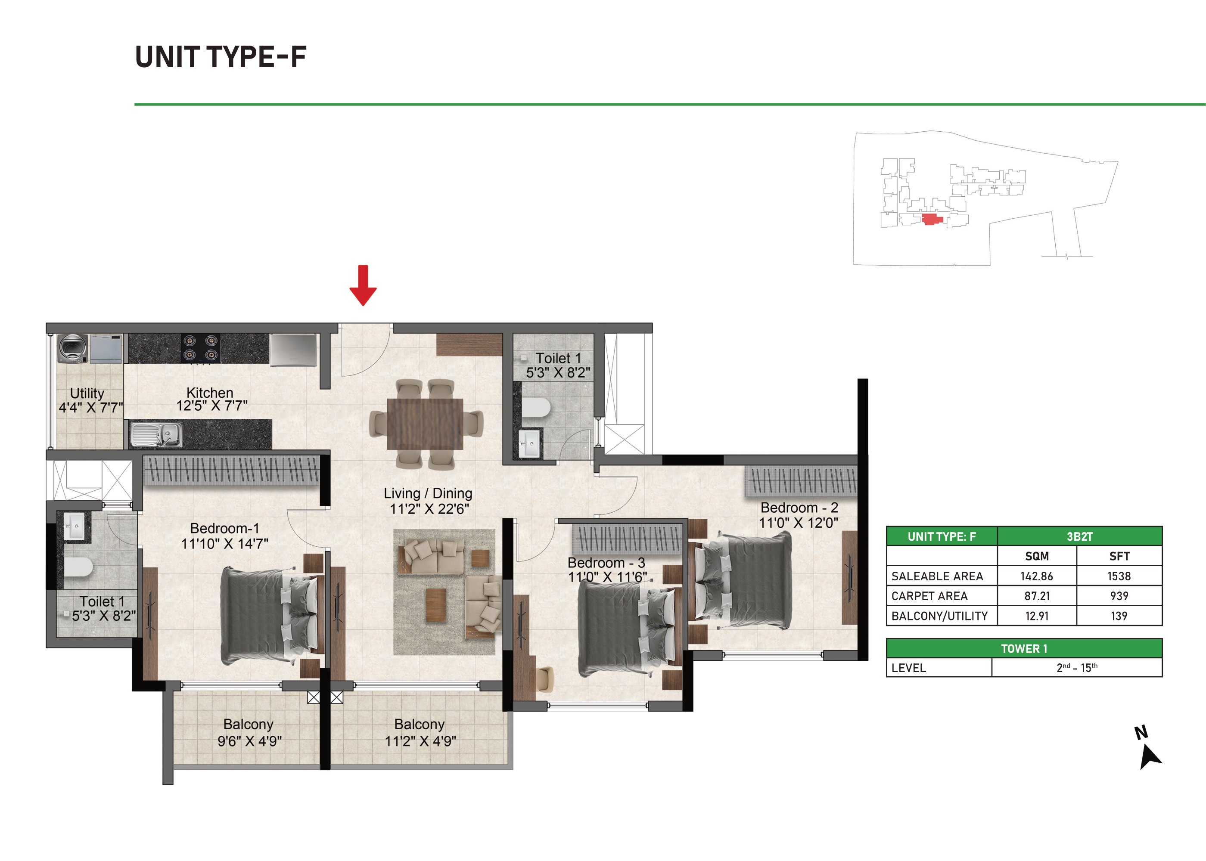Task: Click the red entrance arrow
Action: click(x=363, y=285)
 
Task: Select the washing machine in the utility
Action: click(x=73, y=348)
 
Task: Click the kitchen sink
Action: click(x=156, y=434)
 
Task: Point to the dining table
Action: click(x=425, y=424)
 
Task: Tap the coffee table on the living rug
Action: click(x=436, y=604)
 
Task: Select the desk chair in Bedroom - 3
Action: click(x=545, y=679)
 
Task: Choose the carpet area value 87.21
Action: click(x=1037, y=596)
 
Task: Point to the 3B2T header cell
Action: click(x=1080, y=536)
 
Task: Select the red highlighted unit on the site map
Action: click(x=932, y=219)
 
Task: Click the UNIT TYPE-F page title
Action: click(x=221, y=57)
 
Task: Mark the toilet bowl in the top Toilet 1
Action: click(x=536, y=408)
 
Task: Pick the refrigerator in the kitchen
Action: click(x=293, y=350)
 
